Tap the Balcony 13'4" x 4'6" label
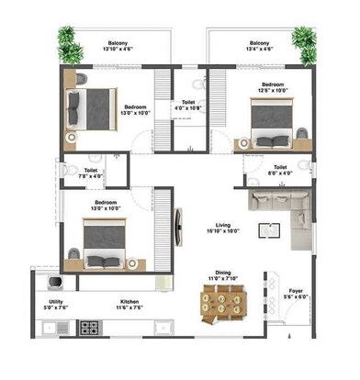point(258,46)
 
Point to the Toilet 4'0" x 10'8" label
point(188,106)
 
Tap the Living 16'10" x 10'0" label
point(223,229)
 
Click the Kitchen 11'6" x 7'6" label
point(129,306)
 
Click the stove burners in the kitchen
point(91,326)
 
